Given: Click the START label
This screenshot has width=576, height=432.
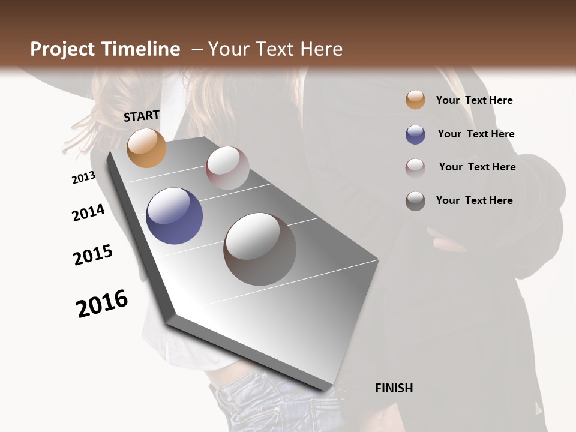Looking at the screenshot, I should point(142,116).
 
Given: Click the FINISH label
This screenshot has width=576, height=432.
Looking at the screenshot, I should point(394,388).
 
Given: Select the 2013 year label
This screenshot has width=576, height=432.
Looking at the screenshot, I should point(83,178).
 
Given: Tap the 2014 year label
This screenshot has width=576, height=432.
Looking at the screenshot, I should point(88,213).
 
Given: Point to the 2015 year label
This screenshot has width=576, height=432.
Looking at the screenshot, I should point(93,255).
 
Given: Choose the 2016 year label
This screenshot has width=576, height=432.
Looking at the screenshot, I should point(102,304).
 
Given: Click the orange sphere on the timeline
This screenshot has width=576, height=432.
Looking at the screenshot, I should point(146,148).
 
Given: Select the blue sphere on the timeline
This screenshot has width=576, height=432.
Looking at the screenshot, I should point(175,216).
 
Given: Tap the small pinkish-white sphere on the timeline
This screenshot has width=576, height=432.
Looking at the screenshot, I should point(227,168).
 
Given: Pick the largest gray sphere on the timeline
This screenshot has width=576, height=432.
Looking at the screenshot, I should point(260,248).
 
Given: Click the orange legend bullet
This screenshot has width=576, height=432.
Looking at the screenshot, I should point(415,100).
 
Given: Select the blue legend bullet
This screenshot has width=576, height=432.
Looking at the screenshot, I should point(415,134).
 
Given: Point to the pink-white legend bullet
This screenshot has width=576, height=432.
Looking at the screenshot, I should point(415,167).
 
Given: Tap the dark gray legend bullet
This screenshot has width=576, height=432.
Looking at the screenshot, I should point(415,201).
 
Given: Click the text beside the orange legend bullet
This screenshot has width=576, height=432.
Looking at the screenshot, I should point(474,100).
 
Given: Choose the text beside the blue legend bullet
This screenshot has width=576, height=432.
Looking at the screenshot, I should point(476,134).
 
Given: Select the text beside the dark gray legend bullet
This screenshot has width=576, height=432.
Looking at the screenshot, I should point(474,200).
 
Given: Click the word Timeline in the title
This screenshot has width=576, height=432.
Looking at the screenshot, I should point(142,49).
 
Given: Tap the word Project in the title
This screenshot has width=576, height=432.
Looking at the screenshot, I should point(62,49).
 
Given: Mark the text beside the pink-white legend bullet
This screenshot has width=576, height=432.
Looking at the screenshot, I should point(477,167).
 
